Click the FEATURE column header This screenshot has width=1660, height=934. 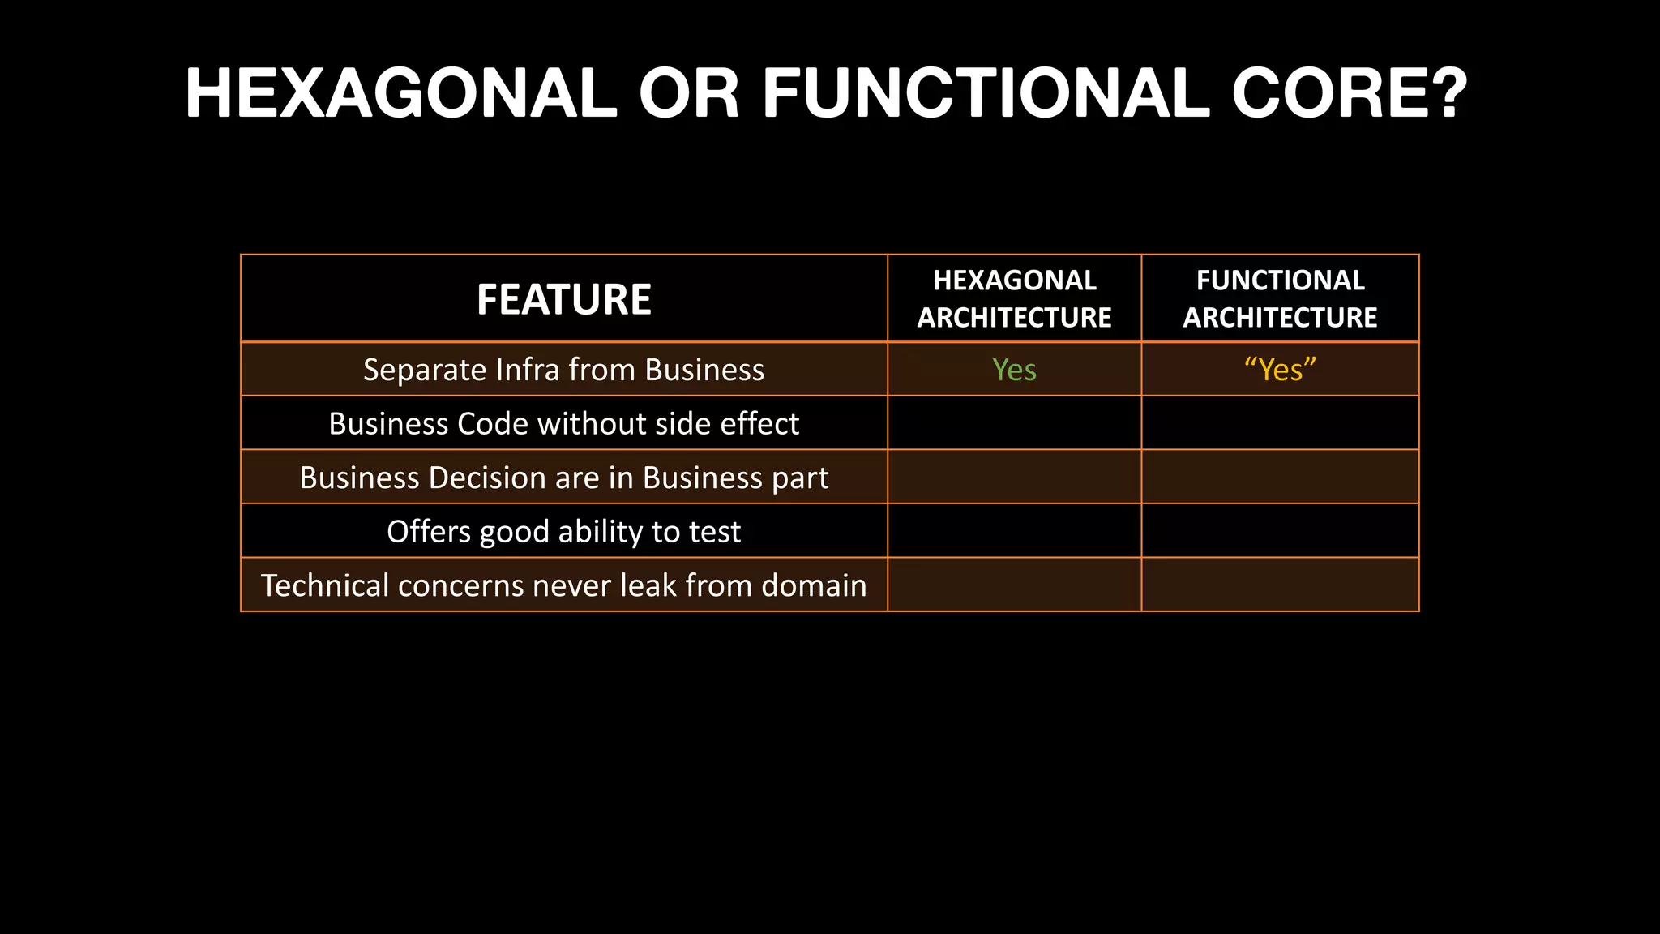click(564, 299)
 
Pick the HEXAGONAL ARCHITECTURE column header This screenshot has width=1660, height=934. click(1014, 298)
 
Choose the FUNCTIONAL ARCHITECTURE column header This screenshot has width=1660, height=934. click(1280, 298)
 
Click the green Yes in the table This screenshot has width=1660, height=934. click(1014, 370)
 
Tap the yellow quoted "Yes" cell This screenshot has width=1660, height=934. click(1280, 370)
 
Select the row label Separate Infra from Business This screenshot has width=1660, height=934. click(564, 370)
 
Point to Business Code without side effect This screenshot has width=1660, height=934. click(564, 423)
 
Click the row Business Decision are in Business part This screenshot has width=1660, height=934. click(564, 478)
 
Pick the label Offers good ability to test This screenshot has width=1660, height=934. click(564, 531)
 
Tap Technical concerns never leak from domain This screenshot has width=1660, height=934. click(564, 585)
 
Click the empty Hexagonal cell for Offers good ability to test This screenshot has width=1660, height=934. click(1014, 531)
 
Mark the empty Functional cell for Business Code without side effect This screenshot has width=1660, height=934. click(1280, 423)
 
